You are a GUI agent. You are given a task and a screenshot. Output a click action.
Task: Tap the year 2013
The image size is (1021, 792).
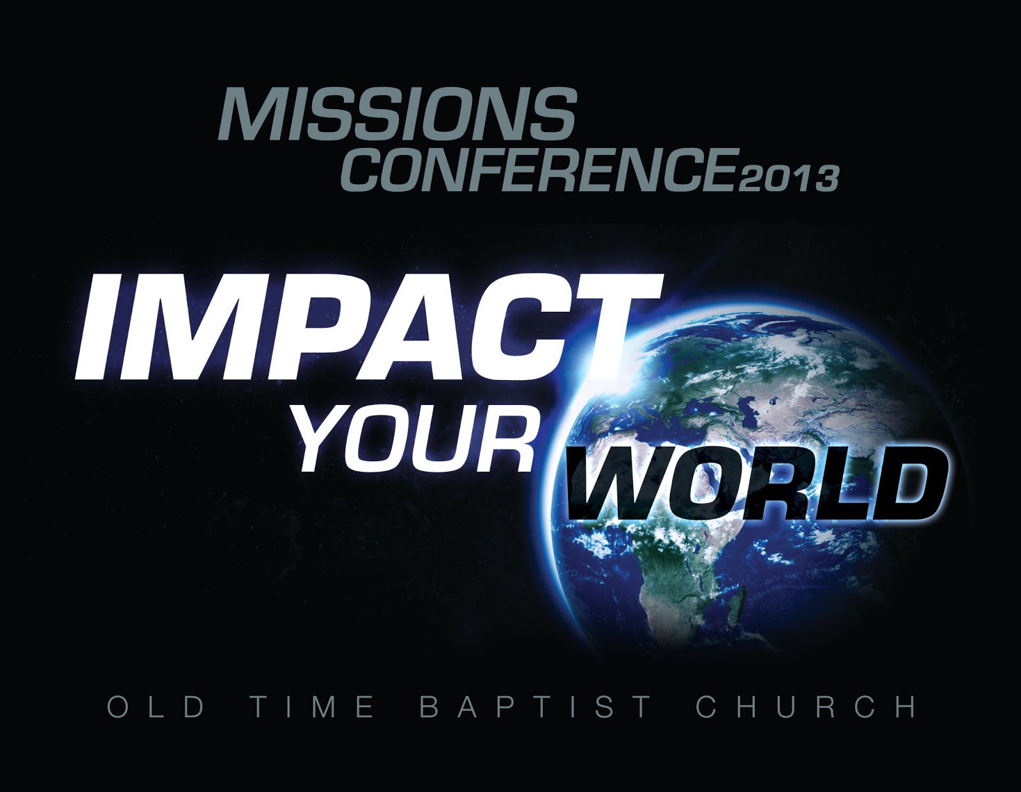pos(789,178)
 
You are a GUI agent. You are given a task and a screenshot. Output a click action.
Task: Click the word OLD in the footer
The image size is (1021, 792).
pos(156,708)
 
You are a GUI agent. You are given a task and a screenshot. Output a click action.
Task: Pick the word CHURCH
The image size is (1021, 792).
pos(806,708)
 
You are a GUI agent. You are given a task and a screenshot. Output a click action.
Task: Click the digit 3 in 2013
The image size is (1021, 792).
pos(824,178)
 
